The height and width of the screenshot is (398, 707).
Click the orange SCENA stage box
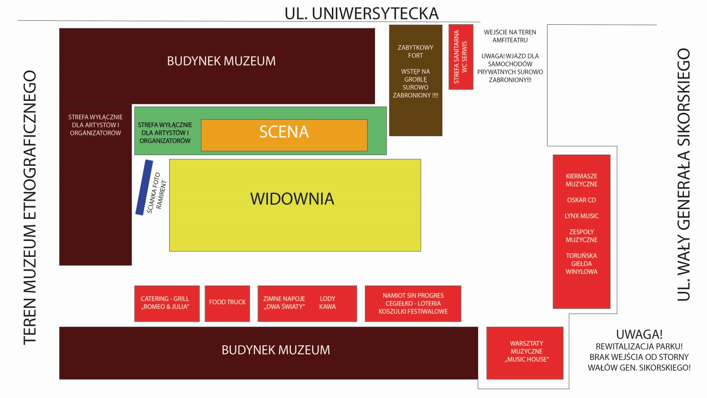pos(284,135)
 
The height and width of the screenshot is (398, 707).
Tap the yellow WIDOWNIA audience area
pos(295,205)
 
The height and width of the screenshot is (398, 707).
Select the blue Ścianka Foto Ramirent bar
pos(144,188)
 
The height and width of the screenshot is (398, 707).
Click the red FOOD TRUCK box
pos(227,303)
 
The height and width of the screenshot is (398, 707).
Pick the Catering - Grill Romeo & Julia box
pos(167,303)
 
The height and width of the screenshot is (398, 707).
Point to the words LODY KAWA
pos(327,302)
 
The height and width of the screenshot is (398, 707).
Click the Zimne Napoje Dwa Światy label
pos(284,302)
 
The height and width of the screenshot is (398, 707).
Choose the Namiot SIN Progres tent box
pos(413,303)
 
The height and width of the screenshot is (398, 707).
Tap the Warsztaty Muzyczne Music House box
pos(525,353)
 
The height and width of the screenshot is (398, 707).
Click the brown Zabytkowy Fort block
pos(416,80)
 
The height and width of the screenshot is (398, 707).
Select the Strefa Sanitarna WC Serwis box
pos(461,57)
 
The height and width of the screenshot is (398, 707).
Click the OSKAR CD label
pos(582,200)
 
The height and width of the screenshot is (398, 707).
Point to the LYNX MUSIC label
pos(582,216)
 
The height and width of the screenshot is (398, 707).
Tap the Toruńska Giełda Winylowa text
pos(582,264)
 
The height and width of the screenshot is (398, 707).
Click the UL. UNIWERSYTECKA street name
pos(361,14)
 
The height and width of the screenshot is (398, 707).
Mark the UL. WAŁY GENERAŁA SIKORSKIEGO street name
pos(683,175)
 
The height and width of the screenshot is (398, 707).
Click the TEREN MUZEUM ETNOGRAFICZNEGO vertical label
pos(30,207)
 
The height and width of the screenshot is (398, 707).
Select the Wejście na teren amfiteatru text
pos(510,36)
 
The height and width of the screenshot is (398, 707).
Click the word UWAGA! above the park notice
pos(639,334)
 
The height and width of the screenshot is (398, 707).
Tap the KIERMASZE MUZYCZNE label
pos(582,180)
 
